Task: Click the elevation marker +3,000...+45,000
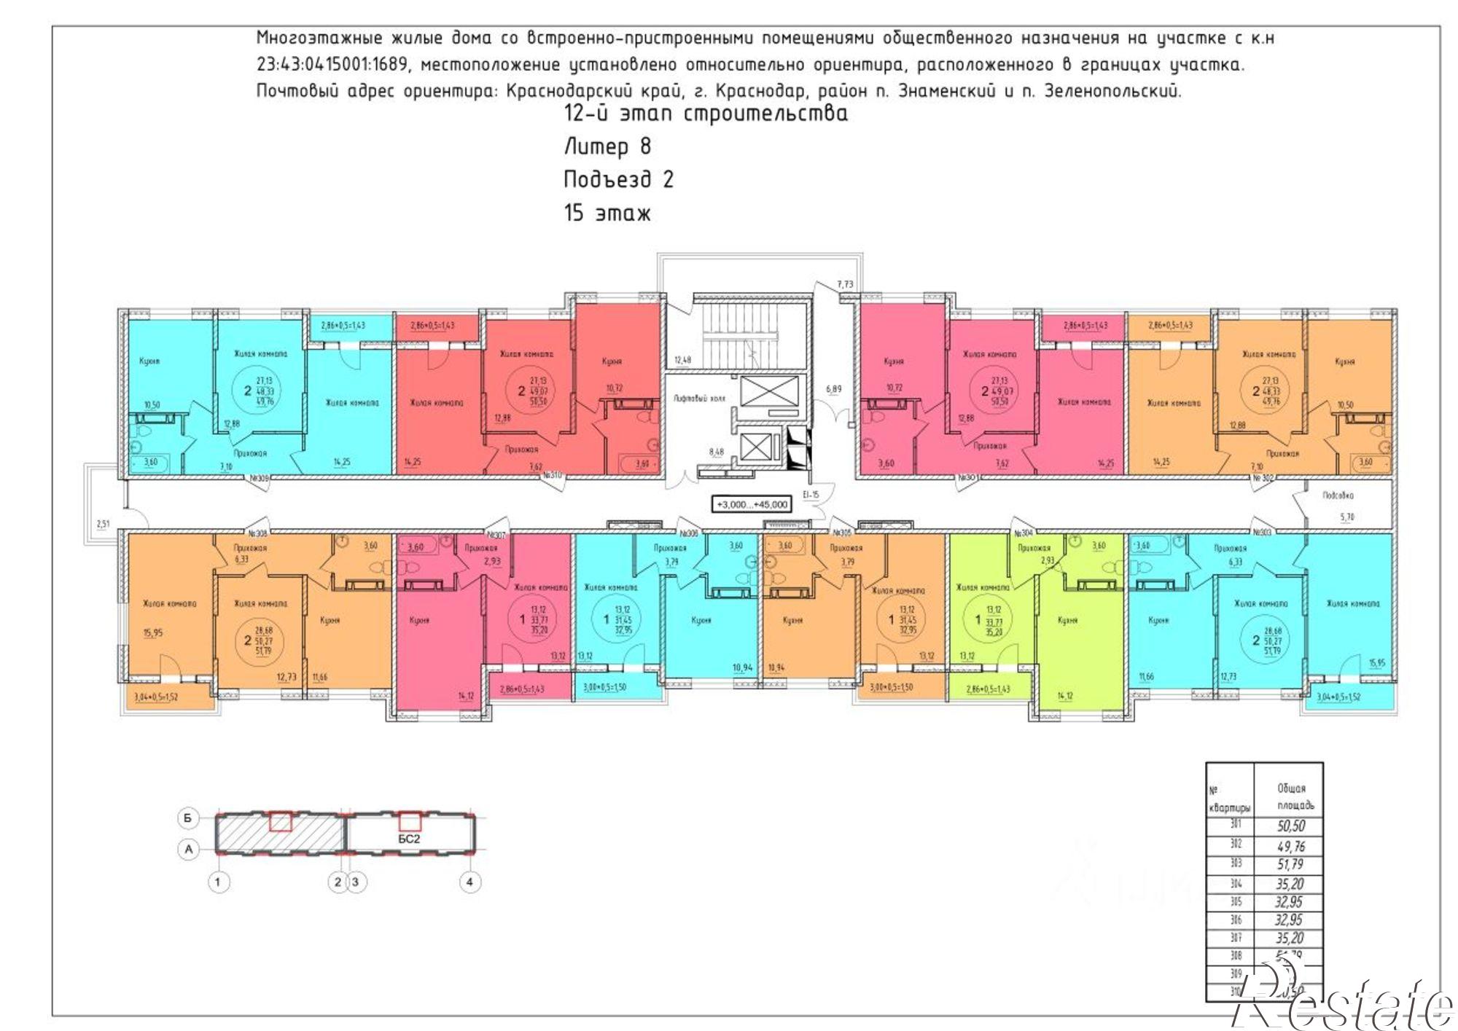tap(752, 504)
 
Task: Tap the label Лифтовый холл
tap(699, 399)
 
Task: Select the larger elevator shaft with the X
tap(770, 391)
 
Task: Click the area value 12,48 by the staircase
tap(682, 360)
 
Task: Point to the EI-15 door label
tap(811, 495)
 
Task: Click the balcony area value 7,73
tap(845, 284)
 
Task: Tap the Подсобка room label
tap(1338, 495)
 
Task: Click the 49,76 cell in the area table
tap(1290, 846)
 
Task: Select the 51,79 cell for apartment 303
tap(1290, 864)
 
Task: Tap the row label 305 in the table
tap(1236, 901)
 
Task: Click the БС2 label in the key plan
tap(409, 839)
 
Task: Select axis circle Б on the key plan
tap(188, 818)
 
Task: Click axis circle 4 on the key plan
tap(469, 882)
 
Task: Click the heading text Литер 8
tap(607, 146)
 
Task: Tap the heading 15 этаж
tap(607, 213)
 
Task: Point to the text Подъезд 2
tap(618, 179)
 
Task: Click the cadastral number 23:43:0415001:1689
tap(332, 64)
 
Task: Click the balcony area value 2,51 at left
tap(103, 523)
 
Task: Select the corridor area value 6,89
tap(833, 388)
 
